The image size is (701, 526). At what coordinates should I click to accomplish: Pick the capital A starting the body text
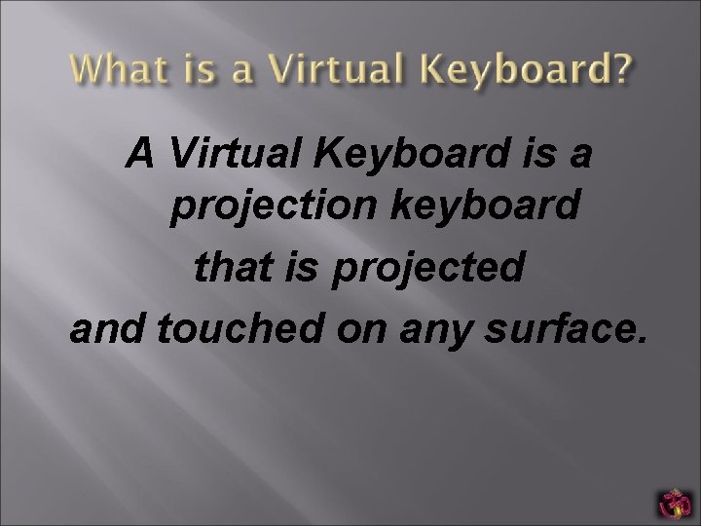coord(142,153)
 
